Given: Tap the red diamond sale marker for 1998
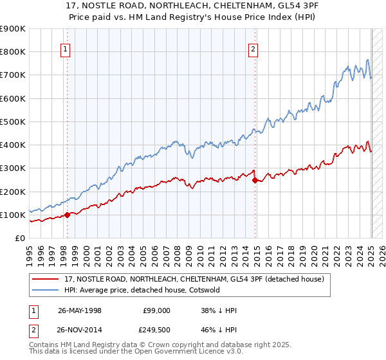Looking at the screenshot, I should click(x=67, y=215).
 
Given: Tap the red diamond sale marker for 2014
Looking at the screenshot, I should click(x=255, y=180).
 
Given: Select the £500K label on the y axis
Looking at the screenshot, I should click(x=13, y=122).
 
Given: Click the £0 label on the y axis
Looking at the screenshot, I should click(x=19, y=238).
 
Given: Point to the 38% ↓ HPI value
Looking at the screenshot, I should click(x=219, y=310).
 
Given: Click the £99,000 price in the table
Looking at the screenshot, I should click(x=157, y=310).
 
